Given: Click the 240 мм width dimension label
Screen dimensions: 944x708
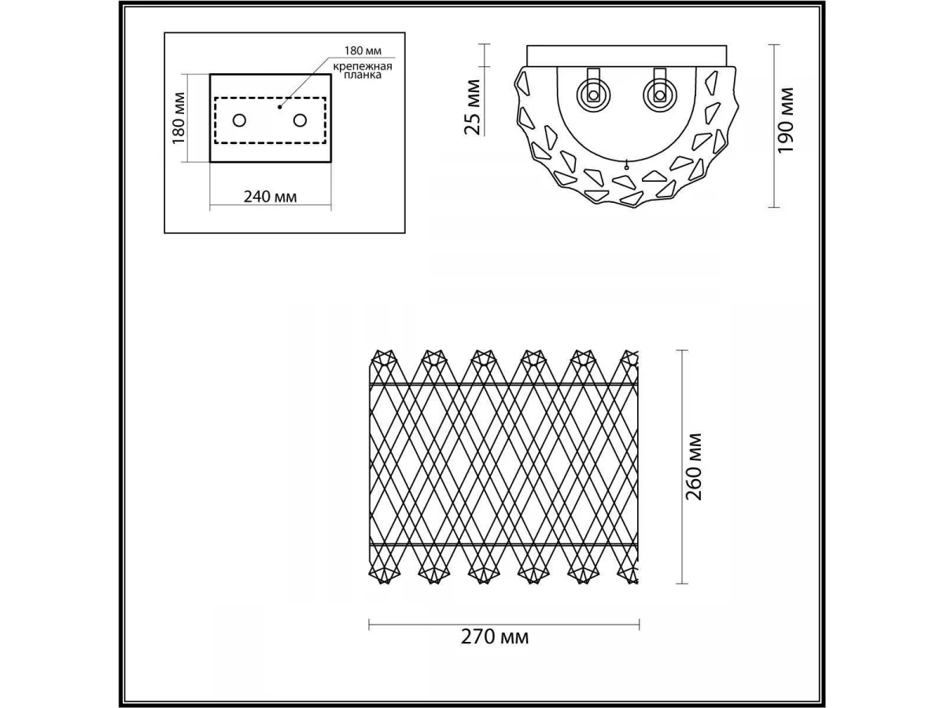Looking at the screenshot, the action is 270,197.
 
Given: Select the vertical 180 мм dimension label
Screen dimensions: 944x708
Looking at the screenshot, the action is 178,119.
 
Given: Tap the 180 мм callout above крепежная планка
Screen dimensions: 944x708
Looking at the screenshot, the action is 363,50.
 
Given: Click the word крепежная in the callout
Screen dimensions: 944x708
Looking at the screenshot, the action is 363,67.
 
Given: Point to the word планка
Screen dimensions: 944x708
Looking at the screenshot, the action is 363,76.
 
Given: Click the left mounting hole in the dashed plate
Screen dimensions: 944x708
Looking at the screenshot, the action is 240,120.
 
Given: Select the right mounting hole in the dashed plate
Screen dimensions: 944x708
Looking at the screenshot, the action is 301,120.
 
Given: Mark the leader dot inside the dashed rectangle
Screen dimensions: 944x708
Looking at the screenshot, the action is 279,107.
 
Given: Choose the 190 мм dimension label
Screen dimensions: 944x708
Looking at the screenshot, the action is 785,120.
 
